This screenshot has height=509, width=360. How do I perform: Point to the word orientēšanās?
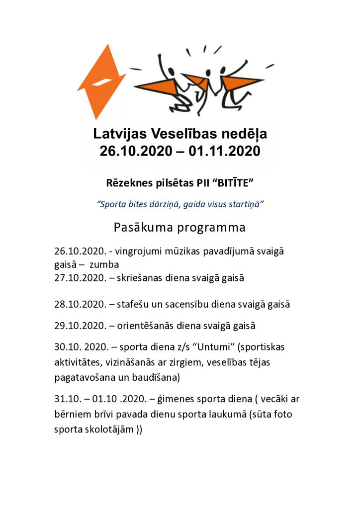pyautogui.click(x=147, y=326)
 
